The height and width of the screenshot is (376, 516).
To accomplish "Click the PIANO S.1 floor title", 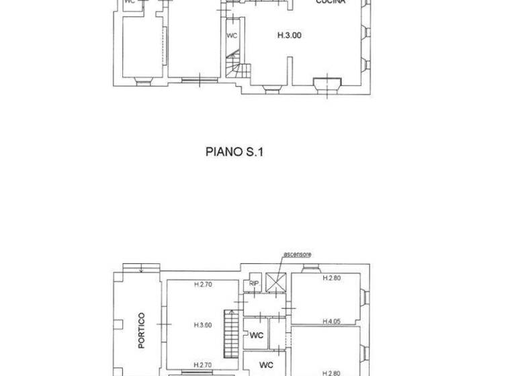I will (x=234, y=152).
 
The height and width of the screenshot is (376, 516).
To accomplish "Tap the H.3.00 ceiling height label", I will (x=290, y=35).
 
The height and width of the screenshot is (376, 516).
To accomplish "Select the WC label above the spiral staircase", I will (x=232, y=36).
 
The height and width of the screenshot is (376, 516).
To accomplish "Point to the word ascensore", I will (x=297, y=254).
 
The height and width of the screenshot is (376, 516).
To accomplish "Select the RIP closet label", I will (x=253, y=283).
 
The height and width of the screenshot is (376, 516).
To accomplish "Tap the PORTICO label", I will (x=141, y=330).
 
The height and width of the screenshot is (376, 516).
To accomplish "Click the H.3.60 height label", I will (x=203, y=326).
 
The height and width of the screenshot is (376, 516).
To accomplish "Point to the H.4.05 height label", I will (x=331, y=321).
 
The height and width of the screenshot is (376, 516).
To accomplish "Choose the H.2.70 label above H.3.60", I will (x=203, y=285).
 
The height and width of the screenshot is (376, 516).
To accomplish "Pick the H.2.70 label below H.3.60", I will (x=203, y=365).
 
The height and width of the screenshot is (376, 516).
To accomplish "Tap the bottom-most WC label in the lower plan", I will (x=266, y=366).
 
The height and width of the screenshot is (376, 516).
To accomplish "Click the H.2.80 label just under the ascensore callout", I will (x=332, y=278).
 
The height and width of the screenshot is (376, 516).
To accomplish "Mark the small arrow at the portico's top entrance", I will (x=142, y=271).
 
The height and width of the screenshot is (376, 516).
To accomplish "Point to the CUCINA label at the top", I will (x=331, y=3).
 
